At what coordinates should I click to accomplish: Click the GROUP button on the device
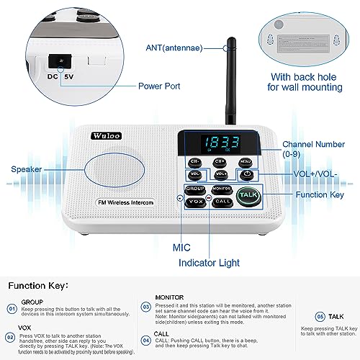click(195, 188)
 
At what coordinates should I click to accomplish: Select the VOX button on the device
click(194, 202)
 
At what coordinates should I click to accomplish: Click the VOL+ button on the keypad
click(221, 174)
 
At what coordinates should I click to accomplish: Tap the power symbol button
click(246, 174)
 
